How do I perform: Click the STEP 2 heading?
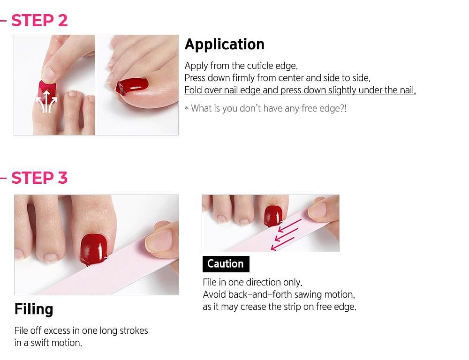click(x=39, y=20)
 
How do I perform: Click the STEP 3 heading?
click(x=39, y=178)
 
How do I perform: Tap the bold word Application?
click(x=224, y=44)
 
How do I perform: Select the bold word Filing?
click(x=34, y=309)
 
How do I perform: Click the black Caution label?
click(x=226, y=264)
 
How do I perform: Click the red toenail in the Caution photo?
click(x=273, y=215)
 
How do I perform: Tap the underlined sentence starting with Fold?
click(x=300, y=90)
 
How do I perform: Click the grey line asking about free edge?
click(x=265, y=109)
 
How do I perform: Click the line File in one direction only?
click(x=252, y=283)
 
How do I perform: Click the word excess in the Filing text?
click(x=59, y=330)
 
